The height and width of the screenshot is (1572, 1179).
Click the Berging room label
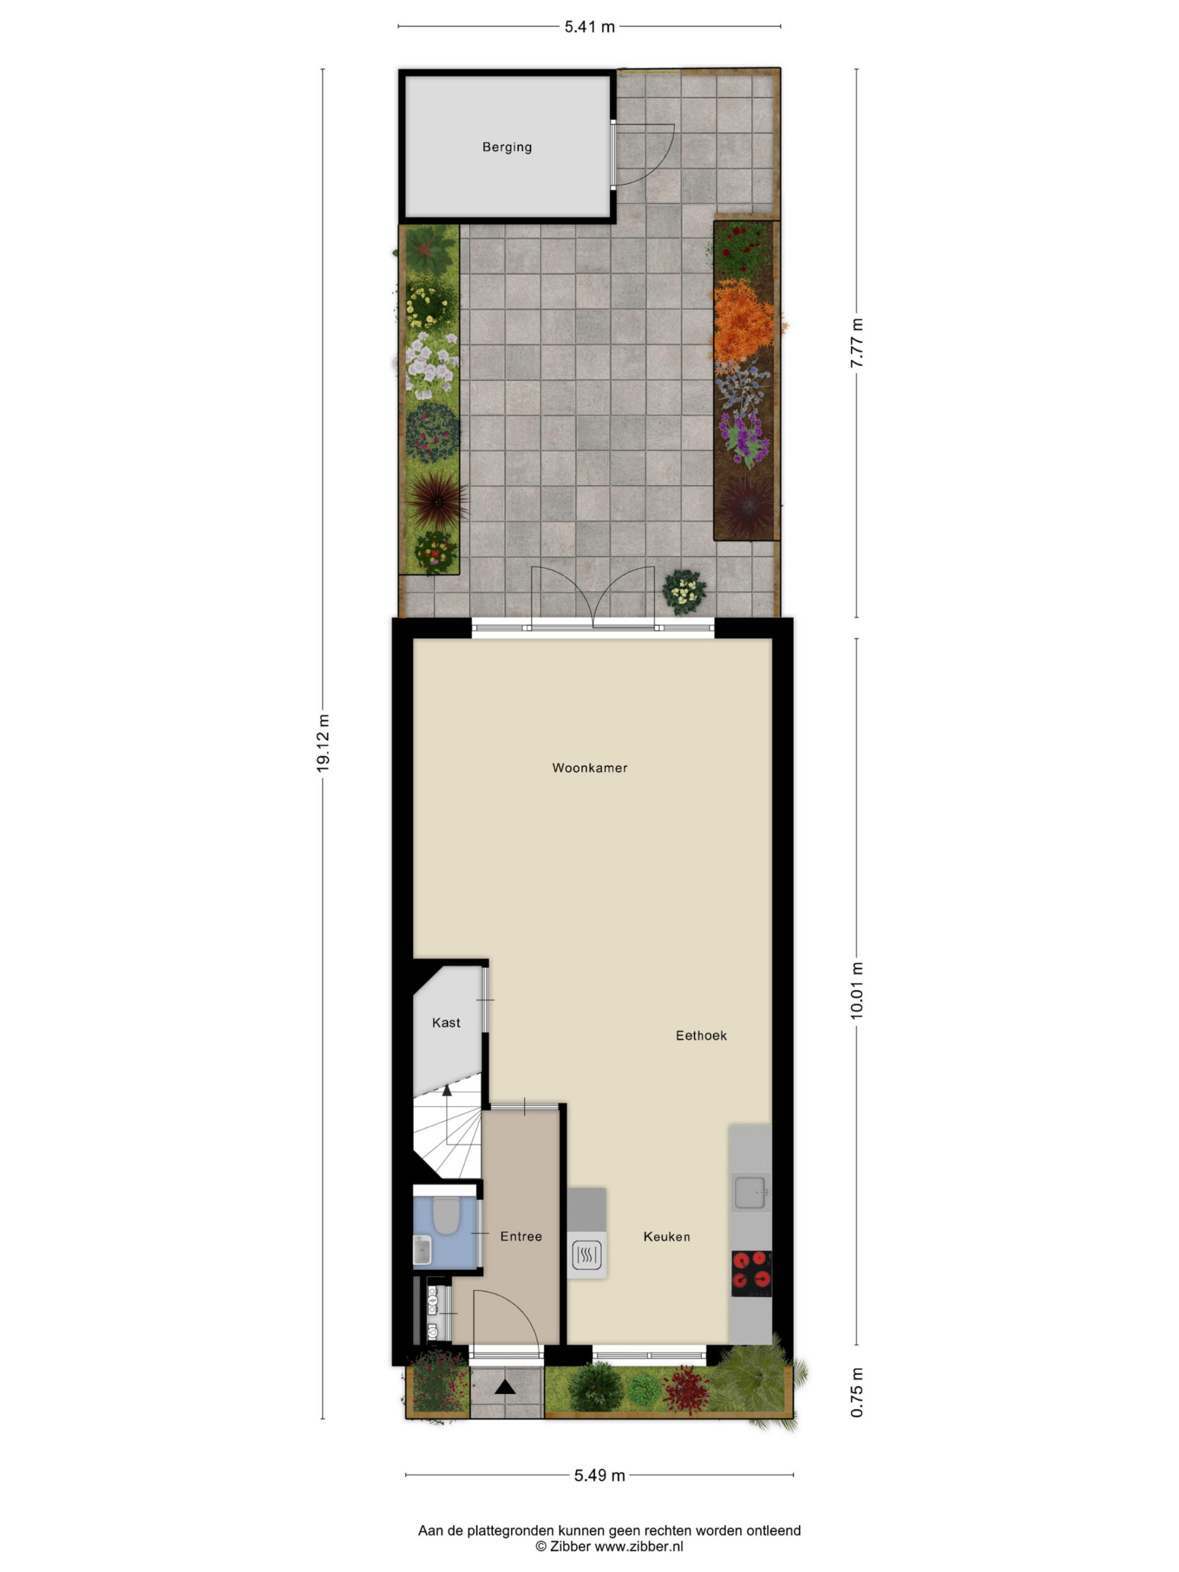click(x=507, y=147)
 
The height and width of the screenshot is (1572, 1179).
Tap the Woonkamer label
click(x=590, y=768)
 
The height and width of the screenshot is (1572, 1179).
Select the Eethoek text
click(x=701, y=1035)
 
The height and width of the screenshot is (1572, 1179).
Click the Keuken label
click(x=667, y=1237)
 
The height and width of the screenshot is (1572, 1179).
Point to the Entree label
click(x=521, y=1237)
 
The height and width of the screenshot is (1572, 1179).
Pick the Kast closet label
click(x=446, y=1022)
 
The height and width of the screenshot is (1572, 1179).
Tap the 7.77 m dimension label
click(x=857, y=343)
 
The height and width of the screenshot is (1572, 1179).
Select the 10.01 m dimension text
click(x=857, y=991)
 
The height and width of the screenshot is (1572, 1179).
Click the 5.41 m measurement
click(x=589, y=27)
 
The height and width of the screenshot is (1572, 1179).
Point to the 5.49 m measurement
click(x=599, y=1476)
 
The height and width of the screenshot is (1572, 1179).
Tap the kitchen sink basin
click(x=750, y=1193)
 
